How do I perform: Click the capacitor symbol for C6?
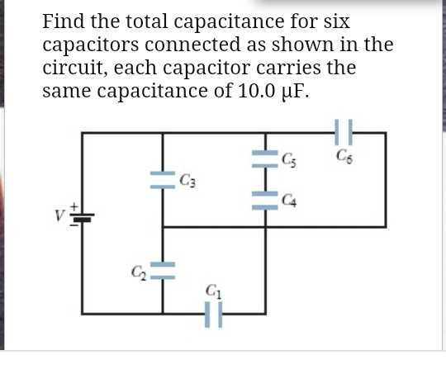point(346,132)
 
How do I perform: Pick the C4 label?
point(287,197)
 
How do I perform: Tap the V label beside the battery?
point(59,217)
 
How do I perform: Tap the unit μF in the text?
point(297,89)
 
